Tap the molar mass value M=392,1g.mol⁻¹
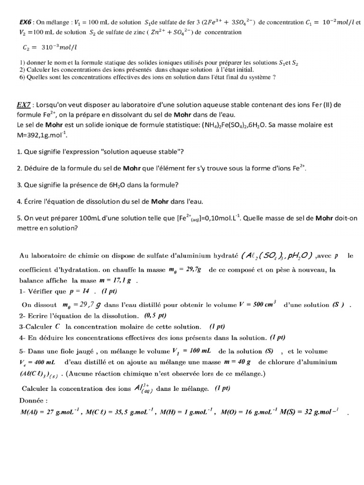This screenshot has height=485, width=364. pyautogui.click(x=42, y=135)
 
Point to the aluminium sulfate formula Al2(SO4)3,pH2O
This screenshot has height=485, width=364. pyautogui.click(x=276, y=256)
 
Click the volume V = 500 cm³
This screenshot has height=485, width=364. pyautogui.click(x=258, y=304)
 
